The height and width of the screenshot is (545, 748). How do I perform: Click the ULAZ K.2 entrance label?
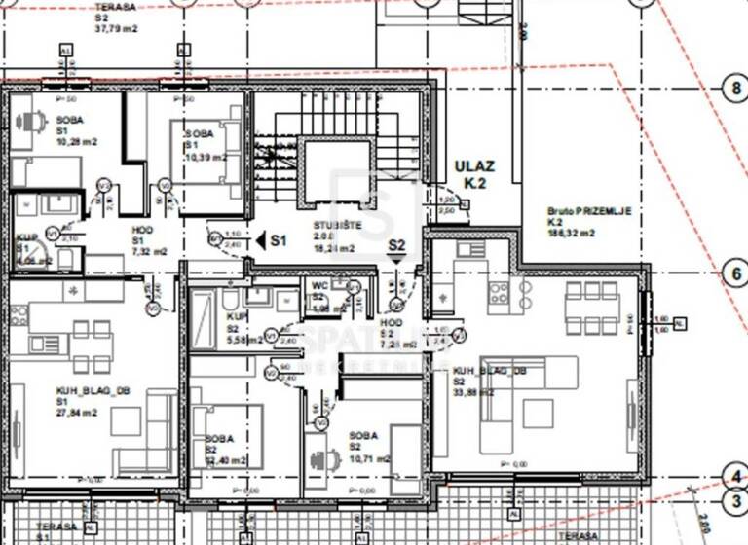[x=475, y=173]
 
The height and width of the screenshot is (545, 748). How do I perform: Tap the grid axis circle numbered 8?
[x=734, y=88]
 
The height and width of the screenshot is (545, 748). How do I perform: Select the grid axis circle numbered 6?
[x=734, y=273]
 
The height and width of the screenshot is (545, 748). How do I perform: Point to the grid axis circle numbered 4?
[x=734, y=476]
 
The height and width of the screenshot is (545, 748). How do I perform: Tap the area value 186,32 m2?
[x=570, y=234]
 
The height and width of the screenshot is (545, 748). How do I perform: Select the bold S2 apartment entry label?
[x=396, y=245]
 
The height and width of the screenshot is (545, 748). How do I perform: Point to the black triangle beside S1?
[x=260, y=238]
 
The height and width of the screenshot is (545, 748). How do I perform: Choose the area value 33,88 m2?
[x=472, y=392]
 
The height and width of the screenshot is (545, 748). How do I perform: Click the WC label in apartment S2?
[x=318, y=285]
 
